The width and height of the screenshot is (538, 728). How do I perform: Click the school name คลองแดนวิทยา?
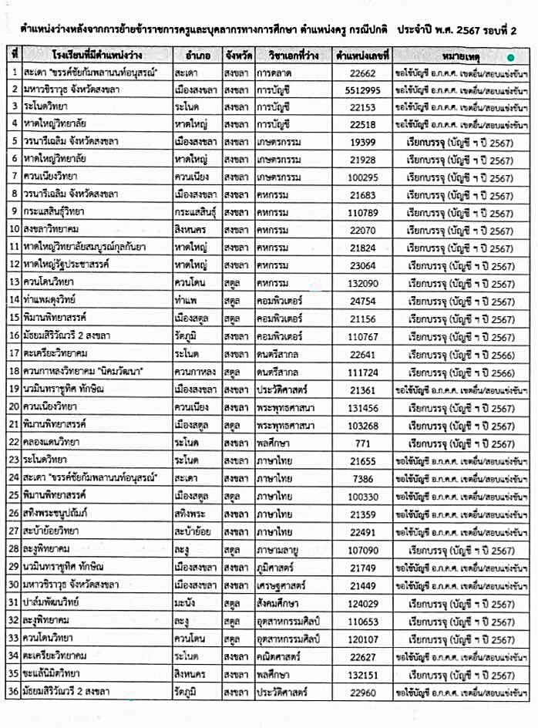[54, 444]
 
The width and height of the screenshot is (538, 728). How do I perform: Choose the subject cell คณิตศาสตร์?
[280, 656]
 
